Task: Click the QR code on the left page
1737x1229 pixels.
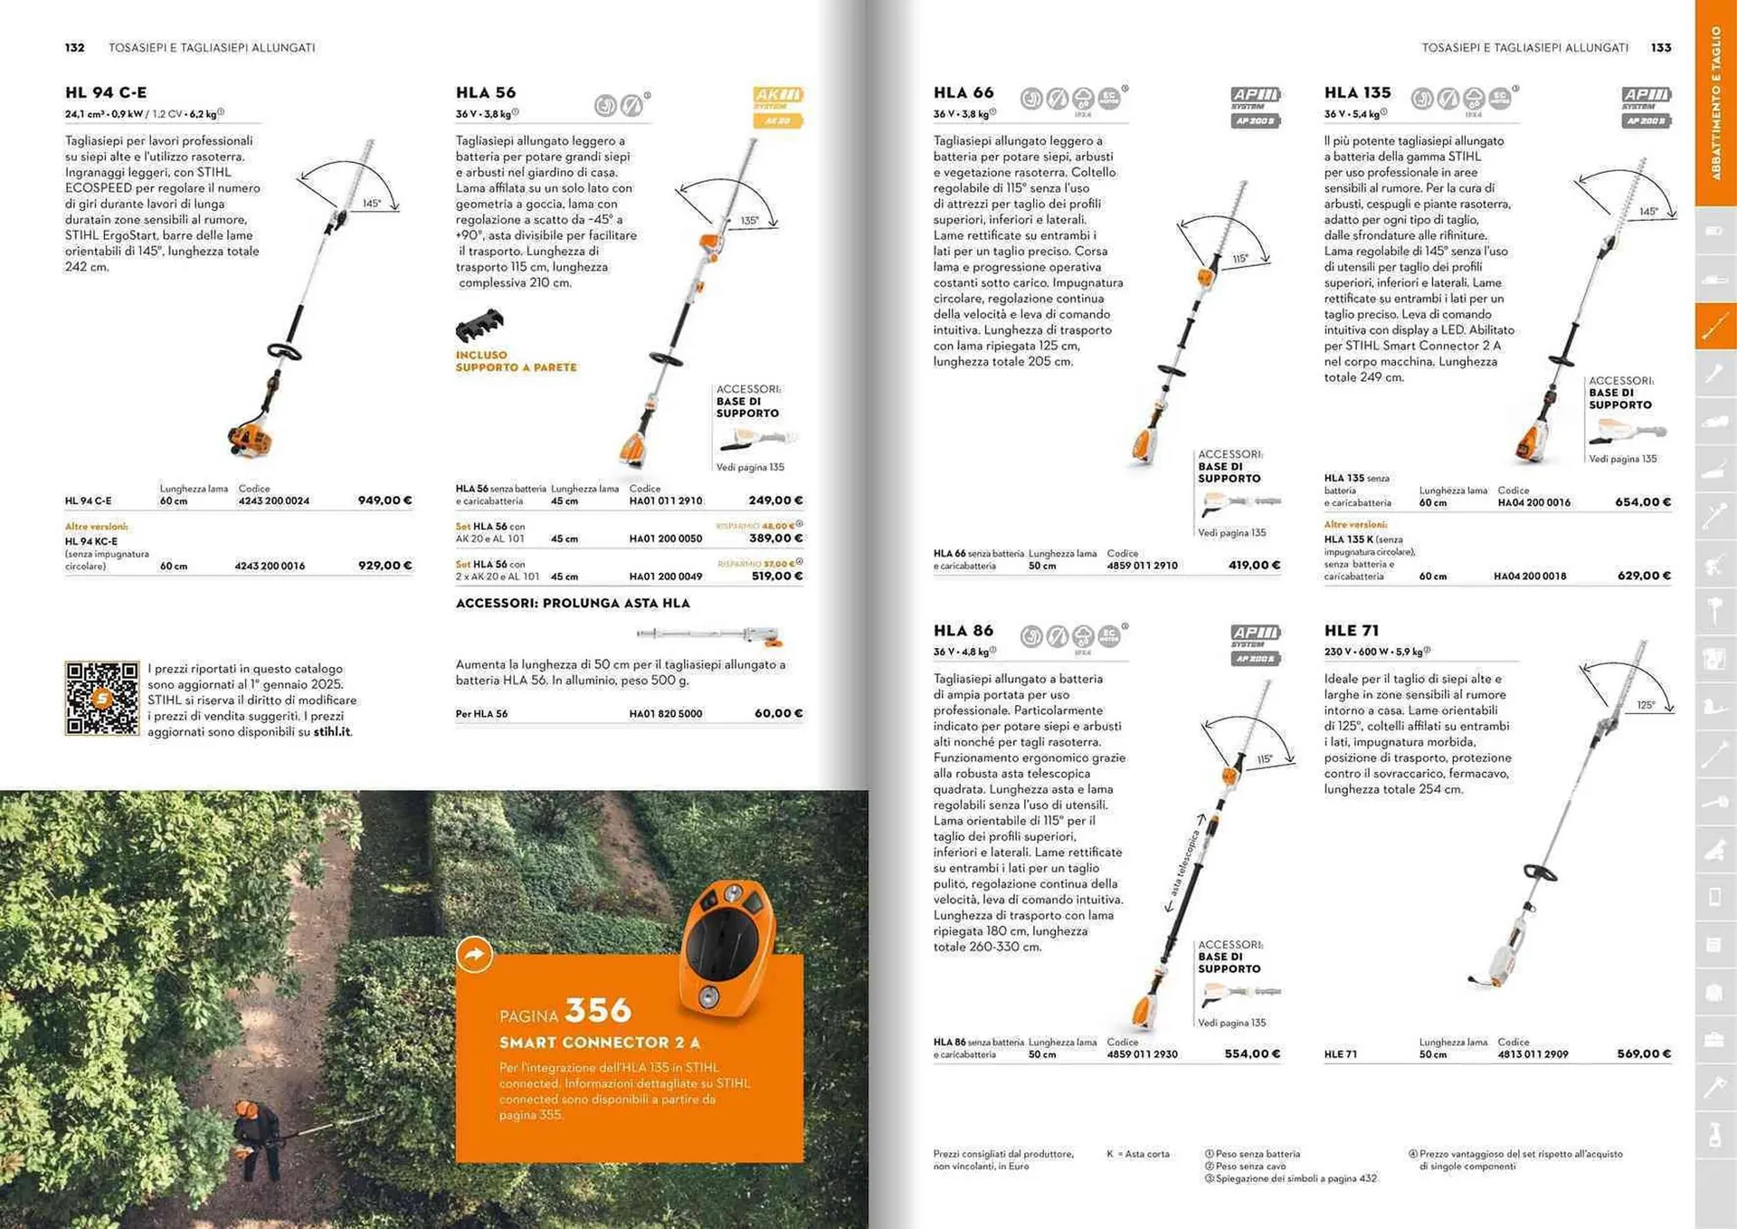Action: [x=101, y=698]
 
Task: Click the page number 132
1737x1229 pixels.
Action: [x=75, y=48]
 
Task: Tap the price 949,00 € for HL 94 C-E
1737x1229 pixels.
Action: [x=384, y=500]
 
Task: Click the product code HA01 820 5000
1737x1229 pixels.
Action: [x=665, y=714]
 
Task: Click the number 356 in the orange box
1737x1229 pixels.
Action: [x=598, y=1010]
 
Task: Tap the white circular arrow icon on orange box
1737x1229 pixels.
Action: [x=475, y=954]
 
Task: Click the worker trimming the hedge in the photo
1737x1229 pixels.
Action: [x=254, y=1136]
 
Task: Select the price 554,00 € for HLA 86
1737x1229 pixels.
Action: [x=1252, y=1054]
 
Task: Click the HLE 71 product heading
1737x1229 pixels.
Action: [x=1352, y=631]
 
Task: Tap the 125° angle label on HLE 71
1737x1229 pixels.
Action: [x=1646, y=705]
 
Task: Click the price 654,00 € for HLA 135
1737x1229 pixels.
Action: [x=1643, y=502]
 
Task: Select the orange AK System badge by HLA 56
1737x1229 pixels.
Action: [x=777, y=107]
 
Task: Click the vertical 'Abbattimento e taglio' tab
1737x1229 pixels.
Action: [x=1715, y=101]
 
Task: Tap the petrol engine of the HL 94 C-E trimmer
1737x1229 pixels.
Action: [x=250, y=440]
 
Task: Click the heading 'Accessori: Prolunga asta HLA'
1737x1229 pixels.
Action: [x=573, y=604]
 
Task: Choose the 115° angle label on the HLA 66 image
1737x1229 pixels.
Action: [x=1239, y=259]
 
